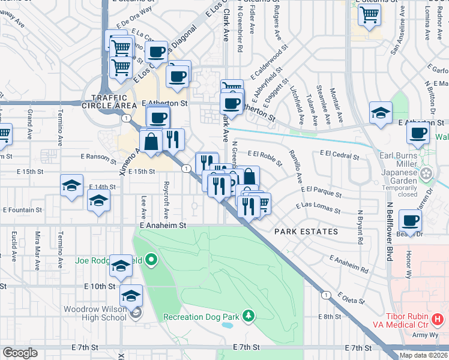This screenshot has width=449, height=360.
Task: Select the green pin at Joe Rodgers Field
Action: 151,260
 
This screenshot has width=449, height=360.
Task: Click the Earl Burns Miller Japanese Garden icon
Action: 427,174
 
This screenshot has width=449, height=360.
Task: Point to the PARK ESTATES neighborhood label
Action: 306,231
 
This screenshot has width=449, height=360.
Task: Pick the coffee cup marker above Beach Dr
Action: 410,221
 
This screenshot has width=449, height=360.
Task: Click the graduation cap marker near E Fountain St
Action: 98,200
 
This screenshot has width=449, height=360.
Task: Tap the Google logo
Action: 20,353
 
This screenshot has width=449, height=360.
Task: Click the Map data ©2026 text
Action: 424,355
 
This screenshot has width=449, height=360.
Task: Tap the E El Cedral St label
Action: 339,157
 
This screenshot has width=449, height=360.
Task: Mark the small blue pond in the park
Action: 228,326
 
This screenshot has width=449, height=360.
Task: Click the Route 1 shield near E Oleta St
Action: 325,295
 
